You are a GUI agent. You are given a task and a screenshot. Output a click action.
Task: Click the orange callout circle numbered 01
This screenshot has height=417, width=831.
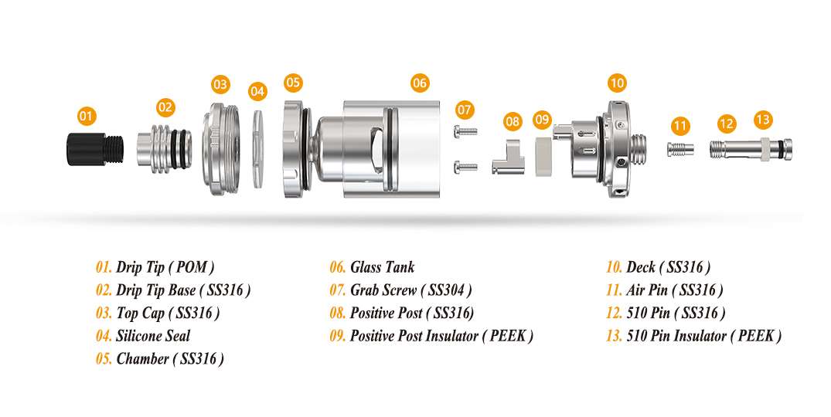click(87, 116)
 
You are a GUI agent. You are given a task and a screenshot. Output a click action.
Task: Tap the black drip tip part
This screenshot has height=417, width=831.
click(95, 149)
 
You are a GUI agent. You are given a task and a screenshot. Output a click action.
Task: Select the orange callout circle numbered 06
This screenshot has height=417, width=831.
click(419, 83)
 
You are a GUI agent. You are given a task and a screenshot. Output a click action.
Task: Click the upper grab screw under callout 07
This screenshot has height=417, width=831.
click(466, 131)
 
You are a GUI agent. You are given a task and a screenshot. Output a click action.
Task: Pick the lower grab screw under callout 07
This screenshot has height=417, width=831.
click(466, 168)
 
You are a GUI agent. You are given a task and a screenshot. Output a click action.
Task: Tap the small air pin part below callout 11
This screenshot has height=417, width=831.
click(680, 149)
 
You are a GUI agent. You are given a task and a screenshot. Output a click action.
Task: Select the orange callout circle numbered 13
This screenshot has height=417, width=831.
click(763, 120)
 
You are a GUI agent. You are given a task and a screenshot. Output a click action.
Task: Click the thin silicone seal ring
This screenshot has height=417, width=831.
click(258, 149)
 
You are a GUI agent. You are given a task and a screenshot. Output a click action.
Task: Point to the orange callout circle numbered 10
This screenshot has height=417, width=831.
click(617, 83)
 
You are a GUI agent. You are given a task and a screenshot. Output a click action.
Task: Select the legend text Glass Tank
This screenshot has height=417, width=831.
click(382, 267)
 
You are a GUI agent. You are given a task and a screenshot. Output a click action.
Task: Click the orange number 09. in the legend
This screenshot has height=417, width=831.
click(338, 336)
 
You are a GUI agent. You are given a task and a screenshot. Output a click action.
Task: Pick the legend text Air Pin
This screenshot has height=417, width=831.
click(647, 290)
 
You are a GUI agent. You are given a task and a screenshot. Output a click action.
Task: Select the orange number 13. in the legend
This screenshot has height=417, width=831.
click(615, 336)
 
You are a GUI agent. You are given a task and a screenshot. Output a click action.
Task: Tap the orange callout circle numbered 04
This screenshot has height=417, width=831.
click(257, 91)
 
